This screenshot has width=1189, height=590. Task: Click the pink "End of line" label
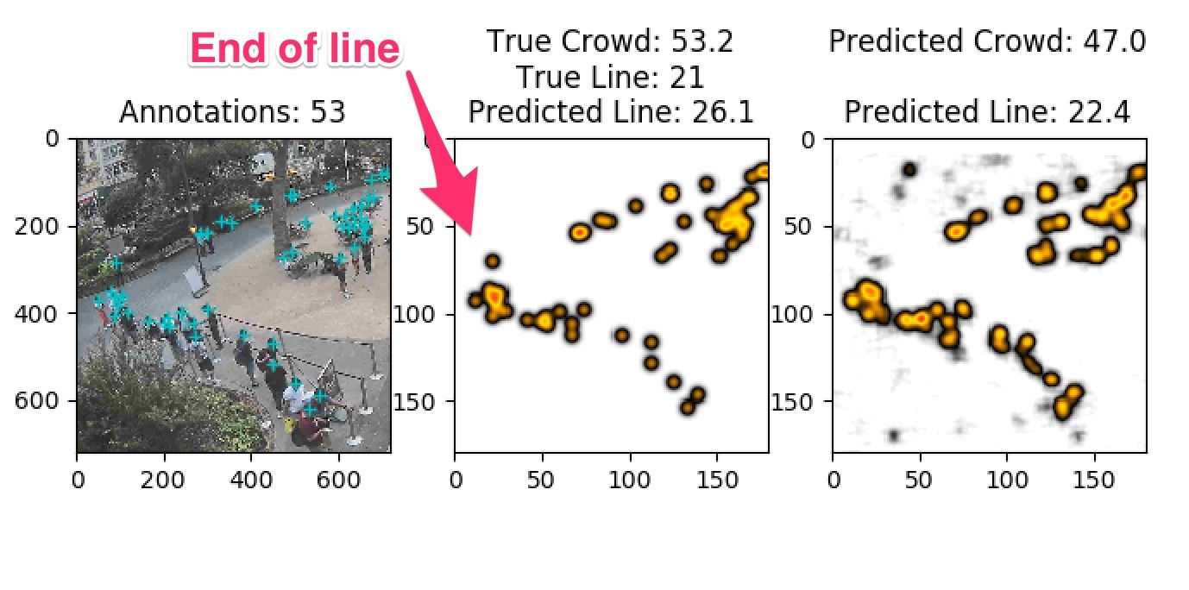click(294, 48)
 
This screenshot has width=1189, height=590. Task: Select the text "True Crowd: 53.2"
click(609, 41)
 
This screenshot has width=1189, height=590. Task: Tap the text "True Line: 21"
click(609, 78)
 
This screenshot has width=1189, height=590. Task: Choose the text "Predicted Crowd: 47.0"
click(987, 41)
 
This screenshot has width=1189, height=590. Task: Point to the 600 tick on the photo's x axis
click(338, 474)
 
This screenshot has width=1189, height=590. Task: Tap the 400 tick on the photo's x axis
click(251, 474)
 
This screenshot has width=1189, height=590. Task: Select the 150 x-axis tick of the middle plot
click(717, 474)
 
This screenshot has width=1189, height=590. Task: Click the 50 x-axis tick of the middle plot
click(543, 474)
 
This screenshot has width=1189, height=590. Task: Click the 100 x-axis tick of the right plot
click(1007, 474)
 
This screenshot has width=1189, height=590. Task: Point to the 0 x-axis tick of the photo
click(78, 474)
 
